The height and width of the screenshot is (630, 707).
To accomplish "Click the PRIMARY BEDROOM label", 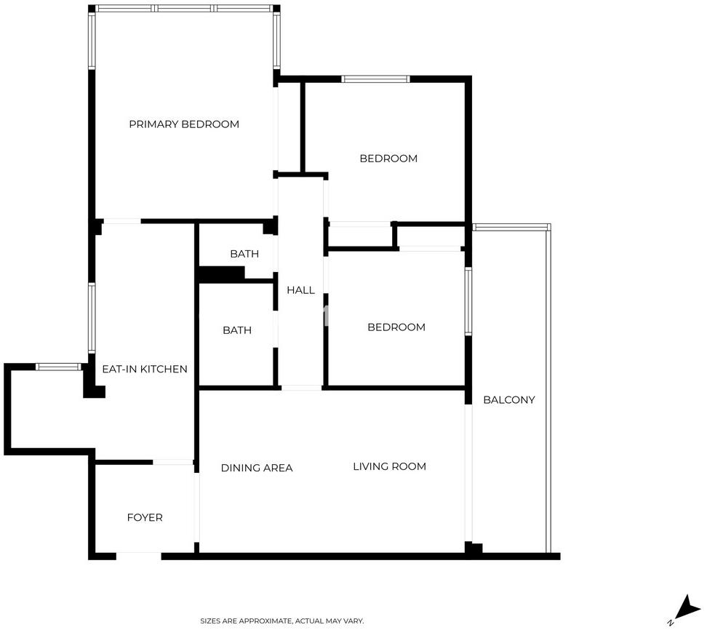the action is pyautogui.click(x=184, y=124).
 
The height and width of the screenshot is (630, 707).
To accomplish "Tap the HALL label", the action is pyautogui.click(x=300, y=290).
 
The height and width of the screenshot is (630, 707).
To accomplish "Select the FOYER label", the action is pyautogui.click(x=145, y=517).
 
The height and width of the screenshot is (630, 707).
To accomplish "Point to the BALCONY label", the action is pyautogui.click(x=509, y=399).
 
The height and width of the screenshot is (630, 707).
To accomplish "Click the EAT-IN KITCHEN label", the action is pyautogui.click(x=145, y=369).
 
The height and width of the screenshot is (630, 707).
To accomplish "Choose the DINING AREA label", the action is pyautogui.click(x=257, y=468).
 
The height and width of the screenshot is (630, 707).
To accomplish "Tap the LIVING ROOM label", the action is pyautogui.click(x=390, y=466).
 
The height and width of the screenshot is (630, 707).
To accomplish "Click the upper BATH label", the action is pyautogui.click(x=244, y=254).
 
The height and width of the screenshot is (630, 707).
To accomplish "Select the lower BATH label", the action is pyautogui.click(x=237, y=330).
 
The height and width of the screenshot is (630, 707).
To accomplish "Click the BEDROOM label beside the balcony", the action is pyautogui.click(x=396, y=327).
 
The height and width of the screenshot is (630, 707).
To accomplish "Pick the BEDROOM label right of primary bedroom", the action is pyautogui.click(x=388, y=159).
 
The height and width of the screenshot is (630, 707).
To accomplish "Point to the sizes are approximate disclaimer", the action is pyautogui.click(x=281, y=621).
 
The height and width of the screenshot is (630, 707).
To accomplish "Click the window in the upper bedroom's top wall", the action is pyautogui.click(x=375, y=79).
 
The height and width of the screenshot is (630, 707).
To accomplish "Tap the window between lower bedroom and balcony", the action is pyautogui.click(x=468, y=301).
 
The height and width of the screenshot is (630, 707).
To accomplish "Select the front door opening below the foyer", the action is pyautogui.click(x=138, y=556).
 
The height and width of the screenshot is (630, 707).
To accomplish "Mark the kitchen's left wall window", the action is pyautogui.click(x=92, y=318).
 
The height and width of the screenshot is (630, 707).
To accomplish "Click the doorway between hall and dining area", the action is pyautogui.click(x=301, y=388).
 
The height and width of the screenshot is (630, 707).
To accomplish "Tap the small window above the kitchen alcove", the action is pyautogui.click(x=59, y=367).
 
